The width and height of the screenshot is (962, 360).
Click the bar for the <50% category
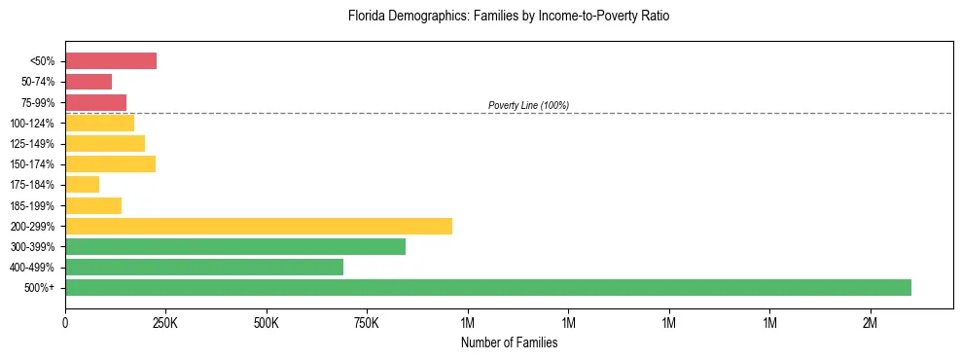[x=111, y=61]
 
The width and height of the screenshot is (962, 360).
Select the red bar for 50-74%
[x=89, y=82]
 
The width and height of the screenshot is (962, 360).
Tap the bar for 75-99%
[x=96, y=102]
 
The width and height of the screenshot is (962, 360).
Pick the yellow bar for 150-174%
[x=111, y=163]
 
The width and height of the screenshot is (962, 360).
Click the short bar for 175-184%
[x=83, y=184]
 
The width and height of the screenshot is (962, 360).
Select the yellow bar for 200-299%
[x=259, y=226]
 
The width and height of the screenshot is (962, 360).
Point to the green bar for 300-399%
[x=235, y=246]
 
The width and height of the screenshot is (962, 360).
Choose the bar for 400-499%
[x=204, y=267]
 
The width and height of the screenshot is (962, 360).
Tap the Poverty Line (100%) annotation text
[x=528, y=105]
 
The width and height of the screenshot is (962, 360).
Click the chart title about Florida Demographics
[x=509, y=17]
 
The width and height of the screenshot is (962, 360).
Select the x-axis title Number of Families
[x=509, y=342]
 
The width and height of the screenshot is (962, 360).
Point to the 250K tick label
[x=165, y=323]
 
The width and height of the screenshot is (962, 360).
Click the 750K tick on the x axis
[x=367, y=323]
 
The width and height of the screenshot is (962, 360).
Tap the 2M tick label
[x=871, y=323]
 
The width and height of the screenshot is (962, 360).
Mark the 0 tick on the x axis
[x=65, y=323]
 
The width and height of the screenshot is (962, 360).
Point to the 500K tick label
[x=266, y=323]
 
